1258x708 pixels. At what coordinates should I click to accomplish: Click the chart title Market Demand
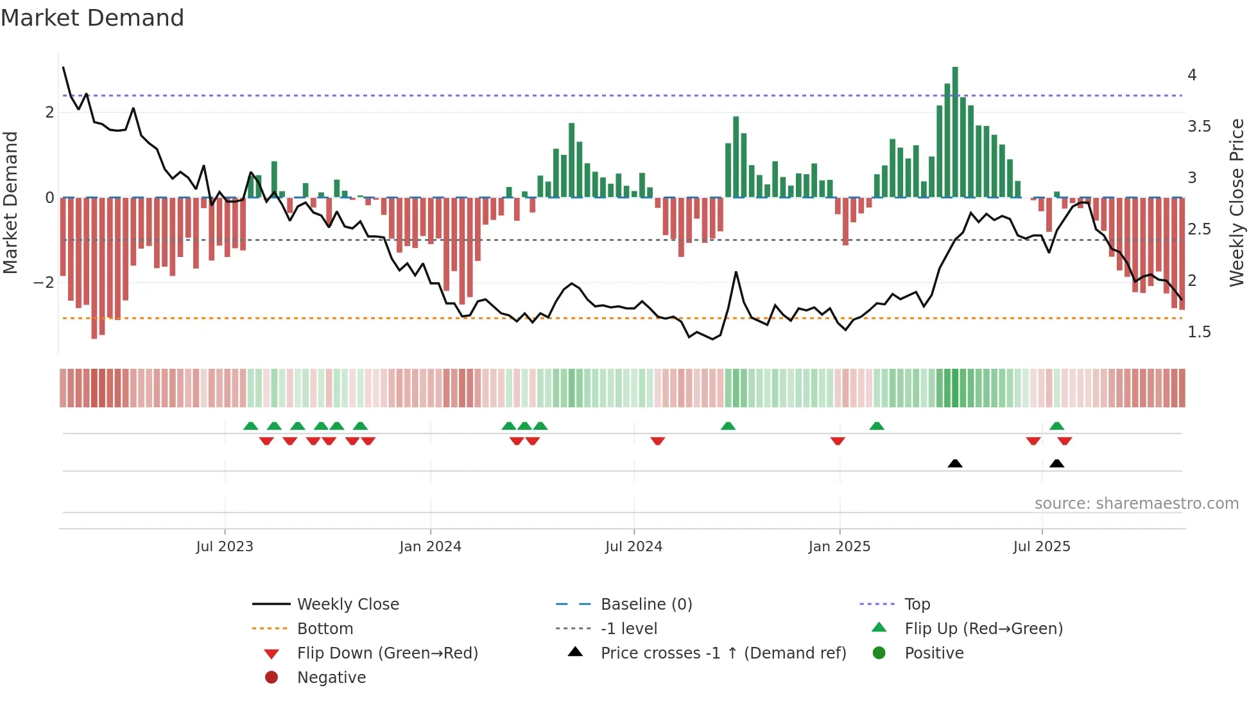pyautogui.click(x=92, y=18)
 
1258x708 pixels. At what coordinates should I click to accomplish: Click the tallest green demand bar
pyautogui.click(x=955, y=132)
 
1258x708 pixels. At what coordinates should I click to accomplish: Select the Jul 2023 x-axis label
pyautogui.click(x=225, y=547)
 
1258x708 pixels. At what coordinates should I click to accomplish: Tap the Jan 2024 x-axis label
pyautogui.click(x=430, y=547)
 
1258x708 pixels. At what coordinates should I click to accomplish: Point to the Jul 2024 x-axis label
pyautogui.click(x=633, y=547)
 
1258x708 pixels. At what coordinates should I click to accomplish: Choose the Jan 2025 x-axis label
pyautogui.click(x=839, y=547)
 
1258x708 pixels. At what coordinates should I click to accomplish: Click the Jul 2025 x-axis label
pyautogui.click(x=1042, y=547)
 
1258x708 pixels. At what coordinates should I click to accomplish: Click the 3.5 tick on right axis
pyautogui.click(x=1199, y=127)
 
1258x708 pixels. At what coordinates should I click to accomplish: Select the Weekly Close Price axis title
pyautogui.click(x=1237, y=202)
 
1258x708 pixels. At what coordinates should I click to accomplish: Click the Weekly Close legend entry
pyautogui.click(x=348, y=605)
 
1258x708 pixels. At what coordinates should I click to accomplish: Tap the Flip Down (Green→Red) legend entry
pyautogui.click(x=387, y=653)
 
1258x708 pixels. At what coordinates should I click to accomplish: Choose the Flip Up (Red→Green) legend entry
pyautogui.click(x=983, y=629)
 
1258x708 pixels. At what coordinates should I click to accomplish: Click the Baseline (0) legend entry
pyautogui.click(x=646, y=605)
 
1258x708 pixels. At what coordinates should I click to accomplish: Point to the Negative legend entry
pyautogui.click(x=331, y=678)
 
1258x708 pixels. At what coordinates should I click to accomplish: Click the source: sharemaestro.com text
pyautogui.click(x=1136, y=504)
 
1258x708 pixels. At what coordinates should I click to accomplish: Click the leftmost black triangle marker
pyautogui.click(x=955, y=463)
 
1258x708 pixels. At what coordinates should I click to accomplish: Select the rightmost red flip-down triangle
pyautogui.click(x=1065, y=441)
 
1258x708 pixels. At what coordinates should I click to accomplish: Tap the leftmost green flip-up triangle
pyautogui.click(x=251, y=426)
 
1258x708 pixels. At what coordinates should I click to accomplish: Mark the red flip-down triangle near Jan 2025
pyautogui.click(x=838, y=441)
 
